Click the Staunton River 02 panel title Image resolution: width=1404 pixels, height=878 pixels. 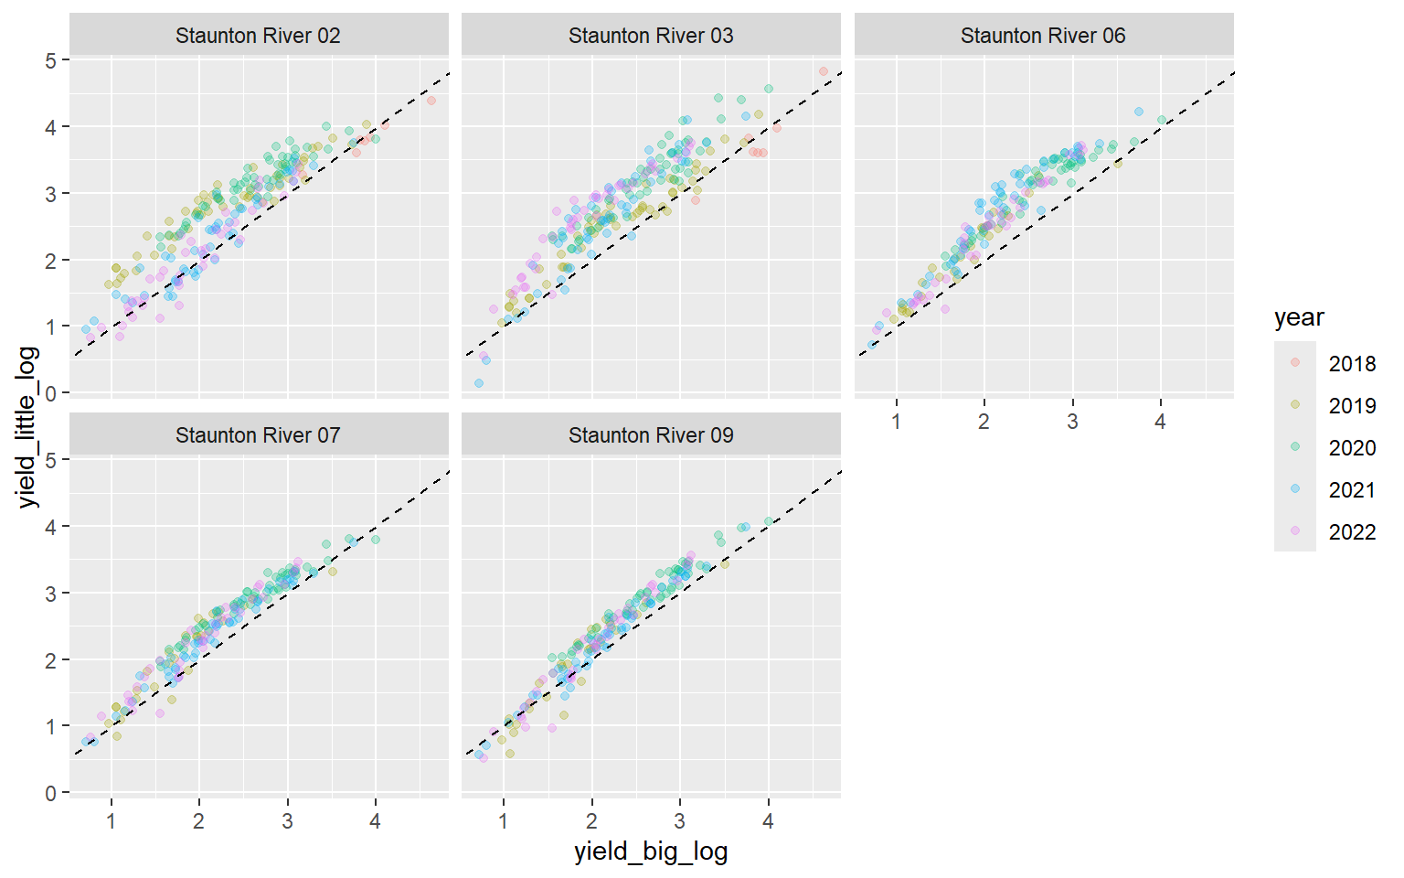pyautogui.click(x=258, y=36)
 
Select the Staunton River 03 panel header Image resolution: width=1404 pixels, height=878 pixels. pyautogui.click(x=651, y=36)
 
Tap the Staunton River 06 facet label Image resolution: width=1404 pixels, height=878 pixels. pyautogui.click(x=1043, y=36)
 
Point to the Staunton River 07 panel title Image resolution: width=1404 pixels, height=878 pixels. pyautogui.click(x=258, y=435)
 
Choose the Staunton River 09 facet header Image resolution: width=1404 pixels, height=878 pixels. pyautogui.click(x=651, y=435)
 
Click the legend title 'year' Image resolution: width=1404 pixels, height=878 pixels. pyautogui.click(x=1299, y=317)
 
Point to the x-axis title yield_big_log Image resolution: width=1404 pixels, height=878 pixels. pyautogui.click(x=651, y=851)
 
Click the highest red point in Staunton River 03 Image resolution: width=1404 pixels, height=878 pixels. pyautogui.click(x=824, y=71)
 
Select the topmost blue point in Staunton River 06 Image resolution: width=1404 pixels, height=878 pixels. pyautogui.click(x=1139, y=112)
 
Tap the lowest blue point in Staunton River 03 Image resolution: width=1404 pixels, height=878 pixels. pyautogui.click(x=479, y=383)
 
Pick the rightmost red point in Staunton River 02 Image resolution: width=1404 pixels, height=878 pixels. pyautogui.click(x=431, y=101)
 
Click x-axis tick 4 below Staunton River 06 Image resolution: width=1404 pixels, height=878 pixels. pyautogui.click(x=1160, y=422)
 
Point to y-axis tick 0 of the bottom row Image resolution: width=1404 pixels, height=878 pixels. pyautogui.click(x=51, y=793)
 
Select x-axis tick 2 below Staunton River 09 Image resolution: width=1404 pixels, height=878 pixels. pyautogui.click(x=591, y=821)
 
